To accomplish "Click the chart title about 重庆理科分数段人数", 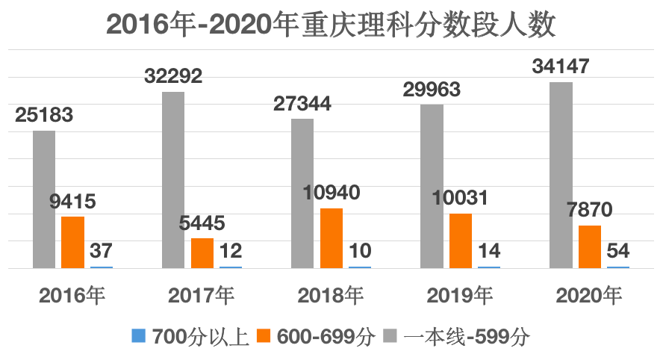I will pyautogui.click(x=331, y=25).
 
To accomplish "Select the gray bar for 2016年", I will pyautogui.click(x=44, y=199).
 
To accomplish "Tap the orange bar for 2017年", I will pyautogui.click(x=202, y=252).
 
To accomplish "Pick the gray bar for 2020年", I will pyautogui.click(x=561, y=174).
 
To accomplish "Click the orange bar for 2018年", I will pyautogui.click(x=331, y=238).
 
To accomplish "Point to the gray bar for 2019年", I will pyautogui.click(x=432, y=185).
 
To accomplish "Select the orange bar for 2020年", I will pyautogui.click(x=590, y=246).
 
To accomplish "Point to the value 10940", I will pyautogui.click(x=331, y=193).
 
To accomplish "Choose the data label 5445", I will pyautogui.click(x=202, y=223).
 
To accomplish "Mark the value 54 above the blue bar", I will pyautogui.click(x=617, y=249).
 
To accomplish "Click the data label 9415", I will pyautogui.click(x=72, y=201).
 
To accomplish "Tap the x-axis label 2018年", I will pyautogui.click(x=331, y=296).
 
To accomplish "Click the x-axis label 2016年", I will pyautogui.click(x=72, y=296).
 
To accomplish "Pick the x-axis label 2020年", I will pyautogui.click(x=589, y=296).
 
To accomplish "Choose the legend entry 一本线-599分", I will pyautogui.click(x=457, y=336).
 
